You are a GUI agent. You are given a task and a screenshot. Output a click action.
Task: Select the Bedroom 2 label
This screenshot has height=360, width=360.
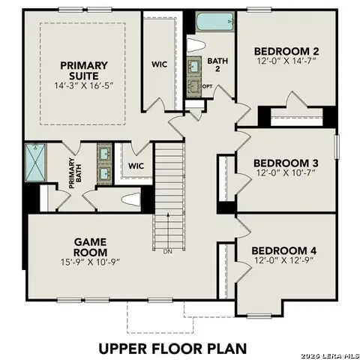tap(285, 51)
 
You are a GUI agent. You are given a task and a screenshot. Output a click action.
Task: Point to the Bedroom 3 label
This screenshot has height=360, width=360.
tap(285, 163)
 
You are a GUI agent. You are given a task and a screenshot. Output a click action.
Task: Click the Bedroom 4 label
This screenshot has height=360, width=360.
tap(284, 250)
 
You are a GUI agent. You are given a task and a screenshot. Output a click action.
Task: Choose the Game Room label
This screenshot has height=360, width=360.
tap(94, 247)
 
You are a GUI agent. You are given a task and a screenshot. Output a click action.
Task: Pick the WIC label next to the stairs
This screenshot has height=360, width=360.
tap(136, 166)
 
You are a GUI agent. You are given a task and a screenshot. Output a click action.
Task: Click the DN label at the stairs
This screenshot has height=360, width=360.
tap(168, 251)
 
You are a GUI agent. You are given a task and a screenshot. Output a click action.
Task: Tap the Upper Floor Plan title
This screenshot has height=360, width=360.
tap(173, 348)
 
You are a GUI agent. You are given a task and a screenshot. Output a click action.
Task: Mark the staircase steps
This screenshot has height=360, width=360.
tap(169, 191)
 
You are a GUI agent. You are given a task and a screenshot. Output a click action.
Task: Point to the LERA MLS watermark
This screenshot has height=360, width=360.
tap(330, 354)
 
